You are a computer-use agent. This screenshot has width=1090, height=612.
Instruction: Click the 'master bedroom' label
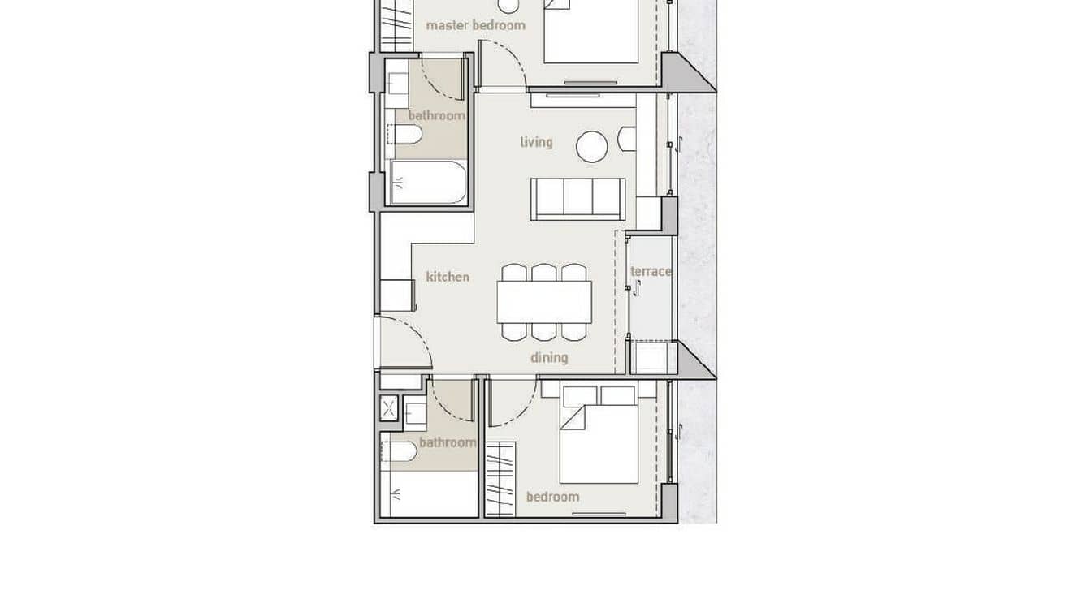point(475,25)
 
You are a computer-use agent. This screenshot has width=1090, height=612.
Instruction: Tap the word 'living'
point(536,142)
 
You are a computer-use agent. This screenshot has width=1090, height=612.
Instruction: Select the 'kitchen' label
point(448,277)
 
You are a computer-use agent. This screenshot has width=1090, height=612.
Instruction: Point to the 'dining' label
point(549,357)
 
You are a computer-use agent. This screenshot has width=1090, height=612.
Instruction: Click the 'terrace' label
point(651,271)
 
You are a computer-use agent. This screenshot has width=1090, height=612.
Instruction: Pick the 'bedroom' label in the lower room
point(552,497)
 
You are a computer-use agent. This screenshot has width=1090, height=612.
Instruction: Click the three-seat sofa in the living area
point(577,198)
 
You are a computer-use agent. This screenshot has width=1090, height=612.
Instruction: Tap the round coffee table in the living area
point(592,147)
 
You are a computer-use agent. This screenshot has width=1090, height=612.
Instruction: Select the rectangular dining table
point(544,301)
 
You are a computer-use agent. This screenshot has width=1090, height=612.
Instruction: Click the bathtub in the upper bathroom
point(428,183)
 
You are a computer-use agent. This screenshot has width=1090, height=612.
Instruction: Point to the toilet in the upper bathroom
point(404,136)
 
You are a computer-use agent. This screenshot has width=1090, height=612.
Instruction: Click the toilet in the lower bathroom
point(399,451)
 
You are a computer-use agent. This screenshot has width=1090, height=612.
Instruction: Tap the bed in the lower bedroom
point(599,442)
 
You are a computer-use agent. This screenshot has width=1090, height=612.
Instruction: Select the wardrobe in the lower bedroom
point(500,479)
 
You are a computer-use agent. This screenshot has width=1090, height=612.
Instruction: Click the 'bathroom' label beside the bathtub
point(436,115)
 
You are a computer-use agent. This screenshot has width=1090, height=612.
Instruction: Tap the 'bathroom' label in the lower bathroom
point(448,442)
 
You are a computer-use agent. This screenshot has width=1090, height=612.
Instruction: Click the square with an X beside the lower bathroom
point(390,408)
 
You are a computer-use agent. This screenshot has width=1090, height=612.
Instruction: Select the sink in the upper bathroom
point(399,84)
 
